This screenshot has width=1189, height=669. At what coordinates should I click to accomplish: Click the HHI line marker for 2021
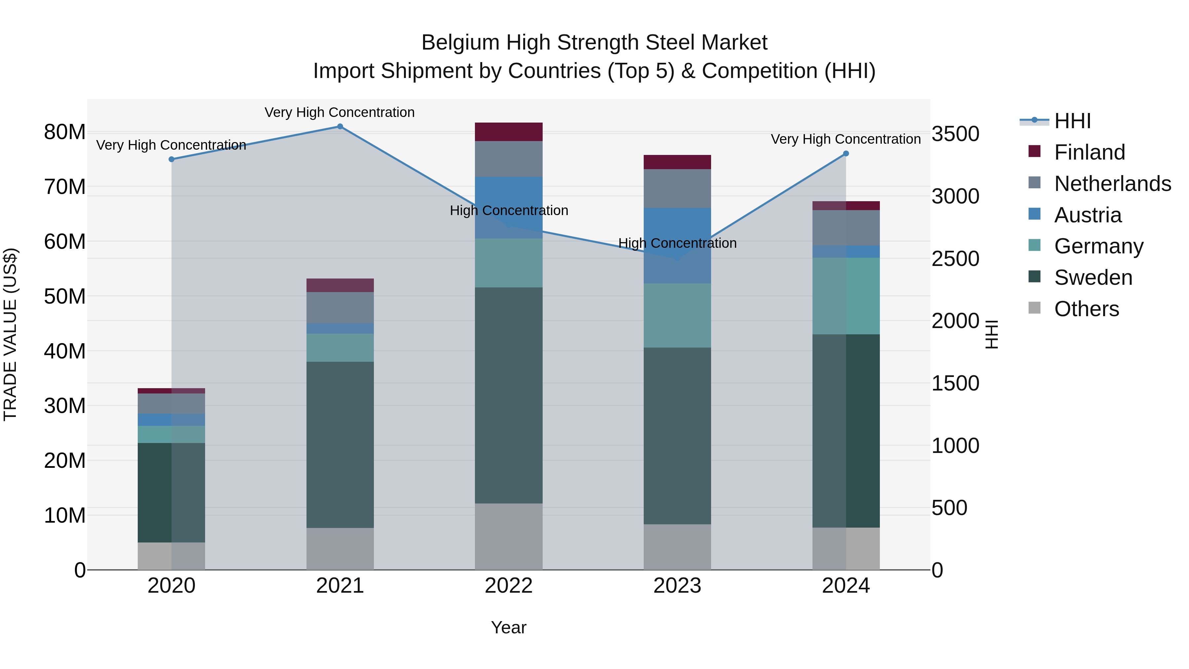(340, 127)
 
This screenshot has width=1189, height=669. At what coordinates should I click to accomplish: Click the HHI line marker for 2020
(171, 159)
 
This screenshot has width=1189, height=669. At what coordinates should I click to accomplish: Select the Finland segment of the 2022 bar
(509, 132)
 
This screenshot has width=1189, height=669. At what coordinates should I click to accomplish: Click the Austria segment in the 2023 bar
(677, 245)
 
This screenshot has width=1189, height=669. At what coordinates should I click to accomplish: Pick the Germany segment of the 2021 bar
(340, 348)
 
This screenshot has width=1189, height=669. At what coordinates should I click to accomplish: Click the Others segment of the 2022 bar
(509, 536)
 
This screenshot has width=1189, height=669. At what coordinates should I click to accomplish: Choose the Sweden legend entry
(1093, 278)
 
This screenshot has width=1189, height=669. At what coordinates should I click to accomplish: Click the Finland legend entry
(1089, 152)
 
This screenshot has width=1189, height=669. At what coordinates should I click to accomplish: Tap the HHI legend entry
(1072, 121)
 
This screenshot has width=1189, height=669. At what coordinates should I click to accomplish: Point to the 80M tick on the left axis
(65, 132)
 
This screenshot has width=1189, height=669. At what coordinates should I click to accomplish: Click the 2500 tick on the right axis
(955, 259)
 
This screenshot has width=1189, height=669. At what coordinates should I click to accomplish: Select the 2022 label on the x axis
(509, 586)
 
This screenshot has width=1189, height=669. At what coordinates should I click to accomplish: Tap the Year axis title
(509, 627)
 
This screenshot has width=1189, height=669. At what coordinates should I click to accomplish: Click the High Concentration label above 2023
(677, 243)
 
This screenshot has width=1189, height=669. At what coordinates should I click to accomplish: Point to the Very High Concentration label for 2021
(340, 112)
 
